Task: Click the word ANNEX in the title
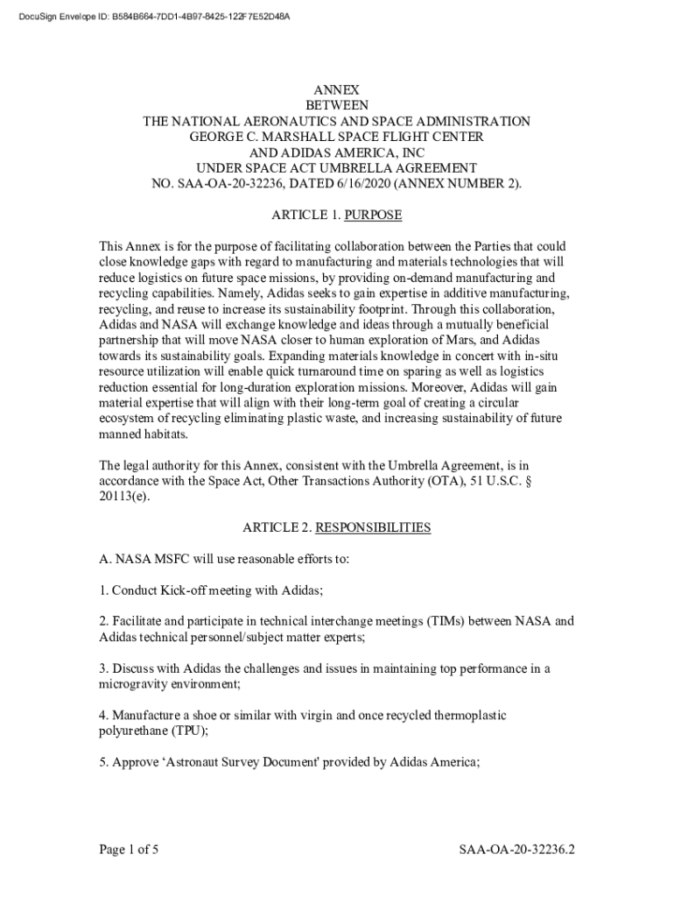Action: tap(336, 89)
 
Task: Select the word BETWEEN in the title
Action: tap(336, 105)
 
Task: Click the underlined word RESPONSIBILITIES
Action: tap(373, 527)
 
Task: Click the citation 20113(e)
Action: tap(124, 496)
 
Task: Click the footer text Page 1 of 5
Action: tap(128, 850)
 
